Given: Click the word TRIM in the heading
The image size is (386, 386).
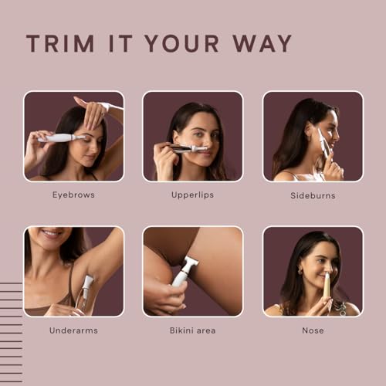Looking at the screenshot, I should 59,43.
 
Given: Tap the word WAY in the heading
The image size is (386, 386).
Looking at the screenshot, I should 261,43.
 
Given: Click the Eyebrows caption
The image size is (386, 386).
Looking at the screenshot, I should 73,195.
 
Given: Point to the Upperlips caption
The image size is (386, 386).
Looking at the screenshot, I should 192,195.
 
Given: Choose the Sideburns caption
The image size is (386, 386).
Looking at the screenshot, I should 313,195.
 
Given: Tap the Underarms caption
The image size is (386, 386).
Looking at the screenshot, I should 73,330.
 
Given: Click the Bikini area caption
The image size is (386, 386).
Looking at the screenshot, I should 192,330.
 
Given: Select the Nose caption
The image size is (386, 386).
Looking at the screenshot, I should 313,330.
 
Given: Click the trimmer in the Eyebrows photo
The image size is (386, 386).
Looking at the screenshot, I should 63,138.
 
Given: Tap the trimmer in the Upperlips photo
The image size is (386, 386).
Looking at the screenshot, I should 185,147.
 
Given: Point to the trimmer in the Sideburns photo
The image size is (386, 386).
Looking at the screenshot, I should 322,141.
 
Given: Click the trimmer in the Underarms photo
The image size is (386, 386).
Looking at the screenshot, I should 86,292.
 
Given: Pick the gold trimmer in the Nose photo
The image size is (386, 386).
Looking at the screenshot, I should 326,286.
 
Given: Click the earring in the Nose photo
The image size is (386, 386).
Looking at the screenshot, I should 300,272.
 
